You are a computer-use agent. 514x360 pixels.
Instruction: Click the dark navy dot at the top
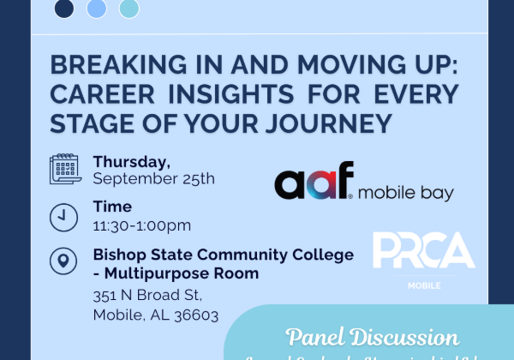64,9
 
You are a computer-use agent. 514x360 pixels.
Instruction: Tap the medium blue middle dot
97,9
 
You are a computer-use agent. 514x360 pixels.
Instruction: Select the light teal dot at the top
129,9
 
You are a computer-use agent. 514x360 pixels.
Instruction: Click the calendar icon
64,169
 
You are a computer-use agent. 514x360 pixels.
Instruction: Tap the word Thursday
132,160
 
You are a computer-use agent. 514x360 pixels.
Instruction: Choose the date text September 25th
153,179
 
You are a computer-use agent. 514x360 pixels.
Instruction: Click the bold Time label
112,207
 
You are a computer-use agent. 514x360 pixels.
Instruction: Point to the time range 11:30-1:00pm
141,225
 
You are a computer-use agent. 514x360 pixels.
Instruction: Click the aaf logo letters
314,183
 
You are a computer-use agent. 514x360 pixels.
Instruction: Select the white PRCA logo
423,249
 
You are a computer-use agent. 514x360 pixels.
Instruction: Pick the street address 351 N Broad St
146,296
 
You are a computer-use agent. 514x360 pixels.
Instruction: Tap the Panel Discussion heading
371,336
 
